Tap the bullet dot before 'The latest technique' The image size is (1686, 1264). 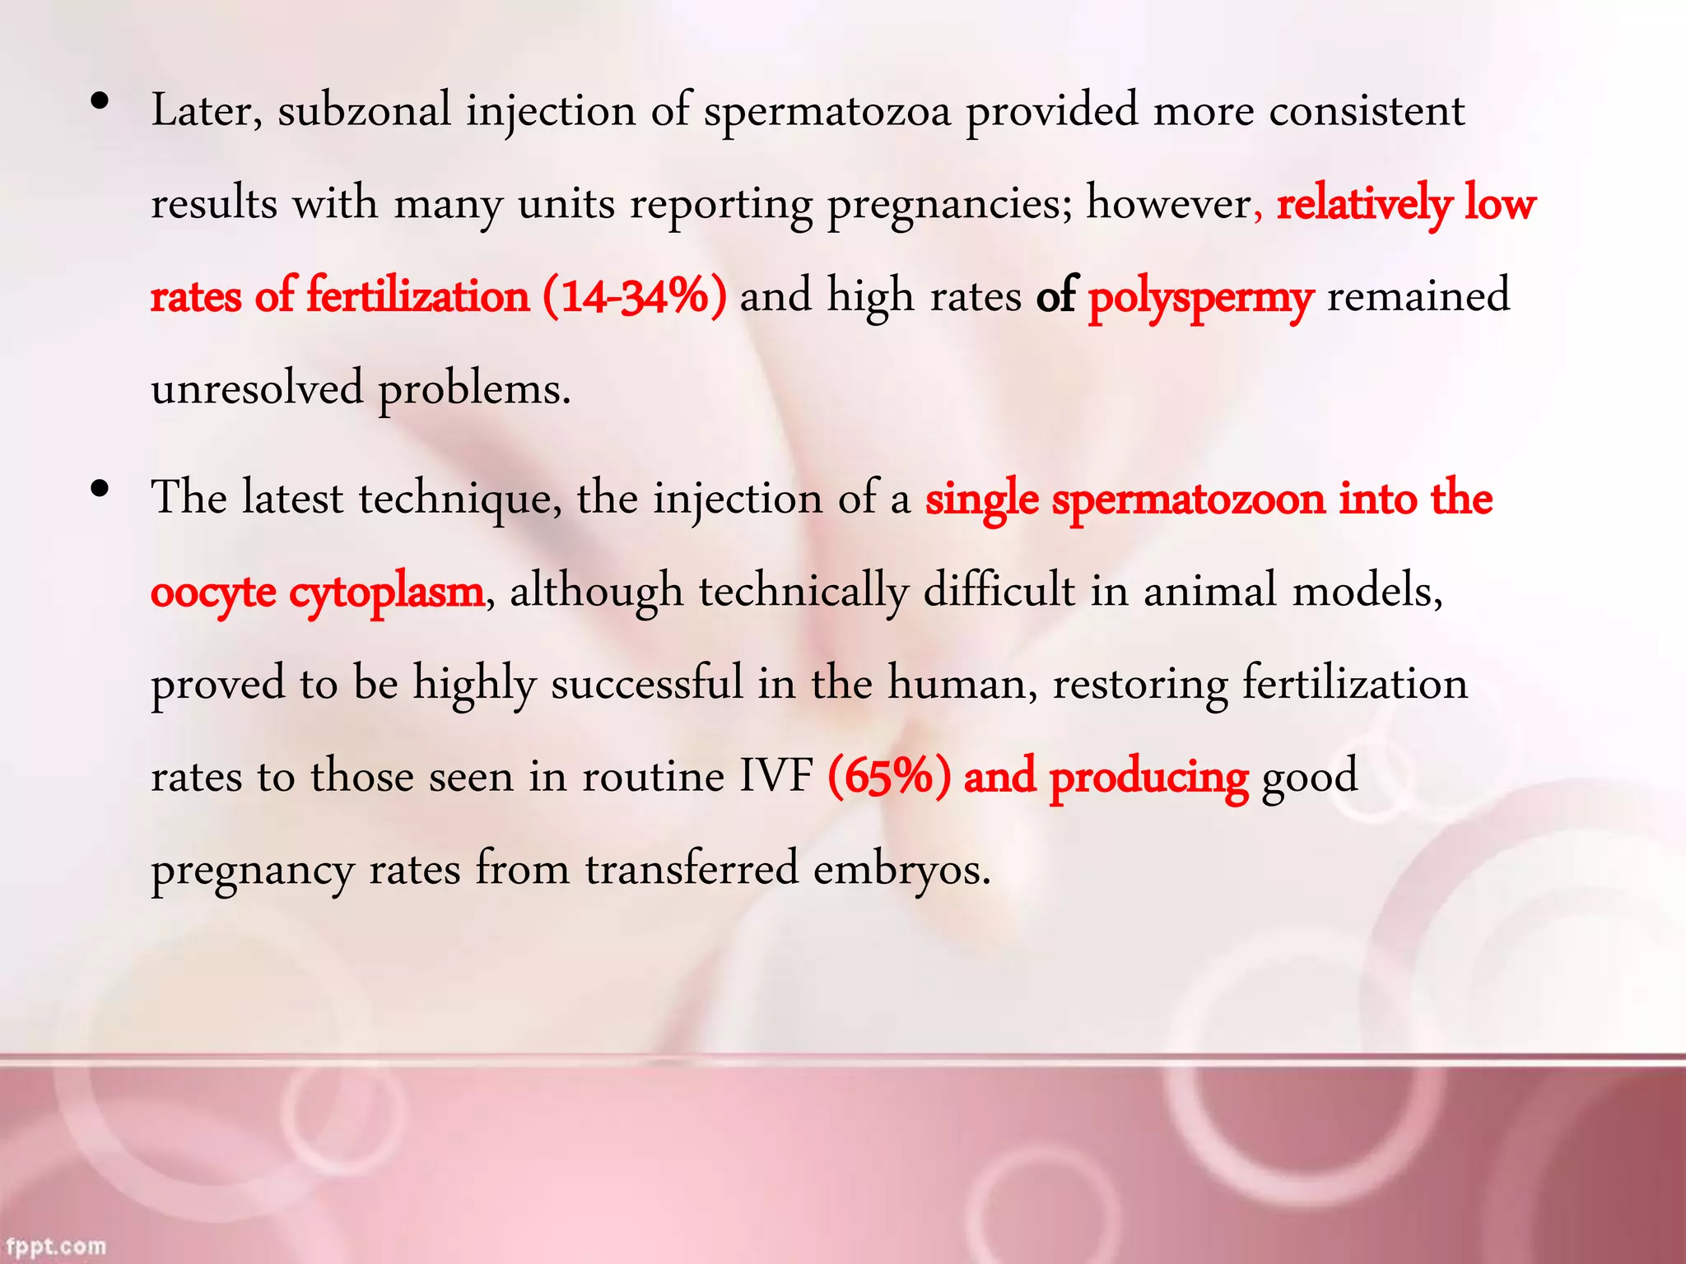coord(100,490)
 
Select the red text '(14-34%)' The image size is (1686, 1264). coord(634,296)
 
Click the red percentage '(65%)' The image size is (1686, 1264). coord(888,776)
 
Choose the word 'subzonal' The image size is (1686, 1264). coord(364,111)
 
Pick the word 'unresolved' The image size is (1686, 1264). coord(257,388)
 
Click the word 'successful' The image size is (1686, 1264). coord(646,684)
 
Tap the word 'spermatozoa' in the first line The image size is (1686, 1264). coord(827,113)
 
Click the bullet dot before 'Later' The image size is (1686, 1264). coord(100,102)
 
